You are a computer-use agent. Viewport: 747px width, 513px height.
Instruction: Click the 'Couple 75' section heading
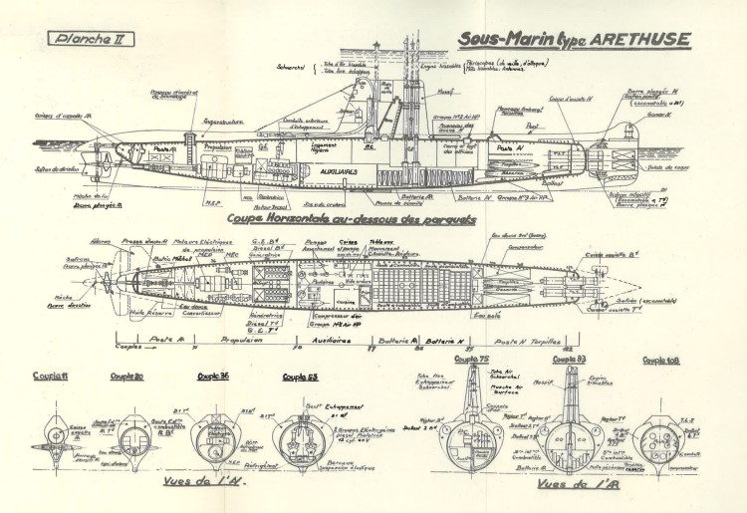(473, 359)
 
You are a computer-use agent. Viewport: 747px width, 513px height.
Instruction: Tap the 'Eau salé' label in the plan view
(488, 317)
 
